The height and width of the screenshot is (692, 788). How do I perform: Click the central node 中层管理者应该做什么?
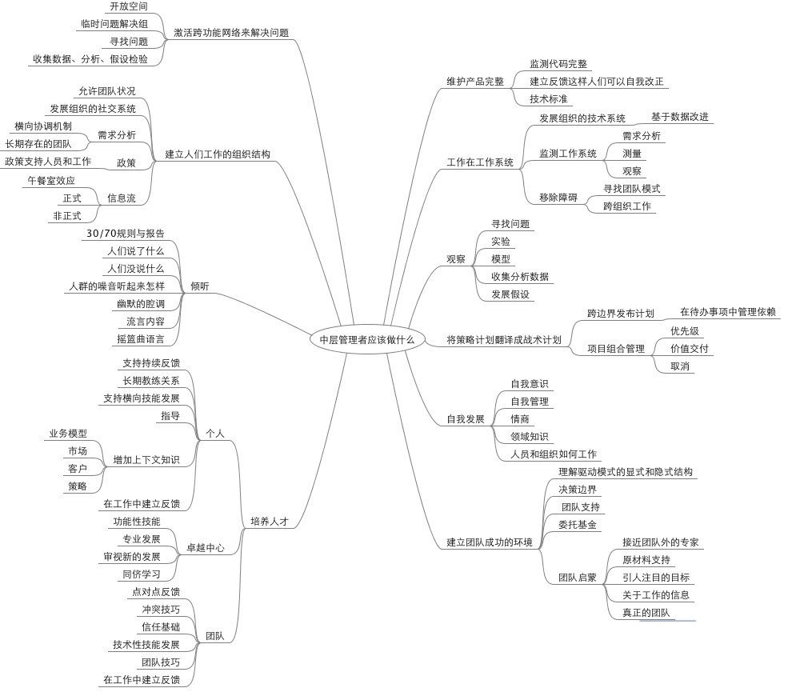(367, 339)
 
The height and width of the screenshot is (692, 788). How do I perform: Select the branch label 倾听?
(200, 286)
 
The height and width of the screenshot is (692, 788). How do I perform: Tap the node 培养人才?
(270, 521)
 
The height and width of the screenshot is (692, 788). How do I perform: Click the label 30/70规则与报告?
(125, 234)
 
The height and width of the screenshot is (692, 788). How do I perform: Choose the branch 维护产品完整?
(475, 82)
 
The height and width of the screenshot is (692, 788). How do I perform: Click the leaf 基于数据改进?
(680, 118)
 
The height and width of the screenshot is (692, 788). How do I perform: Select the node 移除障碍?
(558, 197)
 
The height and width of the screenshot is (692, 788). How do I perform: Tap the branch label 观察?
(456, 259)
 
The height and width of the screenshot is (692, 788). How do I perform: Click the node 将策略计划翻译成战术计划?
(504, 340)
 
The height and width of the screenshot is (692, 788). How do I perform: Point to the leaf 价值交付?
(690, 348)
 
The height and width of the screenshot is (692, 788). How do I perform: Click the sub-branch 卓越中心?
(206, 549)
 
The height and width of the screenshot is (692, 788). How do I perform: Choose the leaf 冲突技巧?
(161, 609)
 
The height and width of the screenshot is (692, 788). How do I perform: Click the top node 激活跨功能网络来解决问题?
(231, 34)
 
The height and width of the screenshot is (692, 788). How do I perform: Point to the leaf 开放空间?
(129, 6)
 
